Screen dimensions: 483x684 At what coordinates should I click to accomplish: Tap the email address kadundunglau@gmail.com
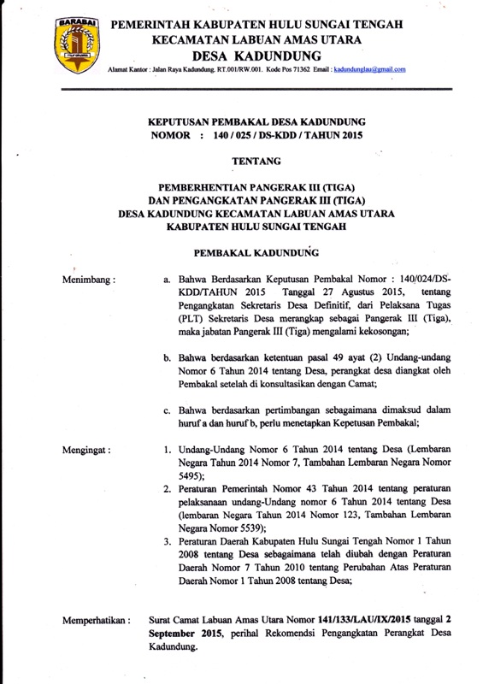368,68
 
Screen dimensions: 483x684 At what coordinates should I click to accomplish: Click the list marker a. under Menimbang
168,280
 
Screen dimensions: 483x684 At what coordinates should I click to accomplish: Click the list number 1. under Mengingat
168,447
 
